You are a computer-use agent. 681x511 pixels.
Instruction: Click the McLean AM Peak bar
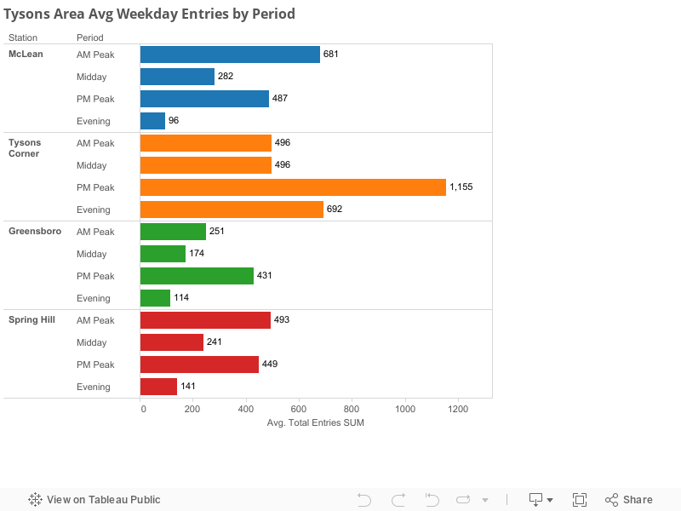tap(230, 55)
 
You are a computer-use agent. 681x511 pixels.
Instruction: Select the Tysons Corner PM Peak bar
tap(293, 187)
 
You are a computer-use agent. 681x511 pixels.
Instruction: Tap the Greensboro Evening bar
tap(155, 298)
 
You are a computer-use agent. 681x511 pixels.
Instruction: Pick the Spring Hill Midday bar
tap(172, 342)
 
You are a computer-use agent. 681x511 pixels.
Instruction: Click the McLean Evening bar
tap(152, 121)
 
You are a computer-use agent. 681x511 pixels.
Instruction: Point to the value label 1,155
tap(461, 187)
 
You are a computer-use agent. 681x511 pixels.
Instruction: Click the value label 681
tap(331, 55)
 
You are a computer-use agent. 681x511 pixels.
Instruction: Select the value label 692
tap(335, 210)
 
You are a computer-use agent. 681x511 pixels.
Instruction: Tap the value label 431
tap(265, 276)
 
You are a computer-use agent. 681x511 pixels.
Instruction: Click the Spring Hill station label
tap(31, 320)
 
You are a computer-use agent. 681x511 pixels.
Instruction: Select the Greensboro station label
tap(34, 232)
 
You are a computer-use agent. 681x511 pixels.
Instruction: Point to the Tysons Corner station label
tap(25, 148)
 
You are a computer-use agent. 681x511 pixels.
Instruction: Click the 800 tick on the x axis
tap(352, 409)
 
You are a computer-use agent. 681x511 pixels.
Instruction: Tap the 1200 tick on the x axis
tap(458, 409)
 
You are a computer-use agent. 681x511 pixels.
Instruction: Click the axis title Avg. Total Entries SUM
tap(315, 423)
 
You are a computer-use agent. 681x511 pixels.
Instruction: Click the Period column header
tap(89, 37)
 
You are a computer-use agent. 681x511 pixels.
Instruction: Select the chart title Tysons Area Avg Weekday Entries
tap(150, 14)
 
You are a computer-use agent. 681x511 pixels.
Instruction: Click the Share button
tap(629, 500)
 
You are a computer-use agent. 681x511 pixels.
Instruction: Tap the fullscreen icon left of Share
tap(580, 500)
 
